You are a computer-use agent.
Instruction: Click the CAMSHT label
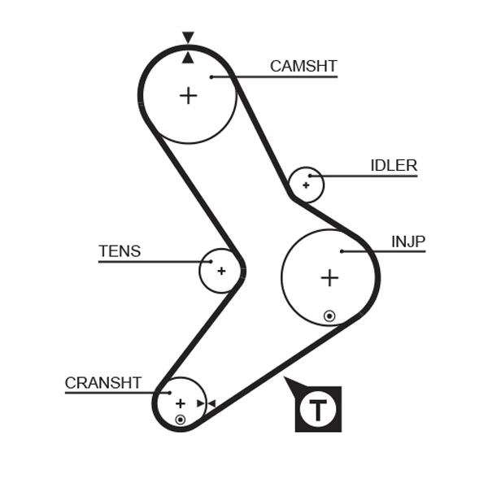(x=303, y=67)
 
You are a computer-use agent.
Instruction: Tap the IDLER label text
(x=394, y=166)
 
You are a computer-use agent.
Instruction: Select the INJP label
(x=408, y=242)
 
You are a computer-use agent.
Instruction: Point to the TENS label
(x=120, y=251)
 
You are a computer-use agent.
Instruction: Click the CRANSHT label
(x=103, y=382)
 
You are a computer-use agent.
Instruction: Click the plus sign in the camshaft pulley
(x=188, y=95)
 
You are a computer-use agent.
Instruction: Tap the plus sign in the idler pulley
(x=306, y=185)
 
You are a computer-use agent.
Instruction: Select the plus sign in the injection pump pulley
(x=329, y=278)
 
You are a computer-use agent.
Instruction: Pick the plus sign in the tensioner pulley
(x=220, y=271)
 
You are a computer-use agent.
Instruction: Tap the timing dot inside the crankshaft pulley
(x=180, y=420)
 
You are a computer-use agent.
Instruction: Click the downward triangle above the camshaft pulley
(x=188, y=37)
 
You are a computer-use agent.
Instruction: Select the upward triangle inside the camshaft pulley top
(x=188, y=56)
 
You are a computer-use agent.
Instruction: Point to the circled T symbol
(x=318, y=409)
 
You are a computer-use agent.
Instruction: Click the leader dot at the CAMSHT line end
(x=211, y=77)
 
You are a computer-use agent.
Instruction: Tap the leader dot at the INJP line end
(x=342, y=251)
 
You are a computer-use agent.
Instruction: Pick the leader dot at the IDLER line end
(x=311, y=176)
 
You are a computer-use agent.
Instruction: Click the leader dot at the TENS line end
(x=211, y=262)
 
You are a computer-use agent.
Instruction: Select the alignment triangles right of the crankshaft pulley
(x=206, y=403)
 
